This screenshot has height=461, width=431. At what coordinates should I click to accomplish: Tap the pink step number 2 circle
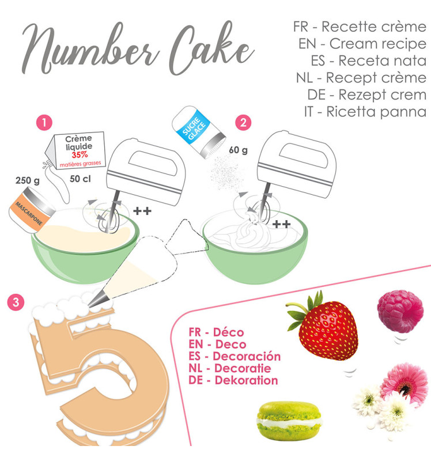click(244, 122)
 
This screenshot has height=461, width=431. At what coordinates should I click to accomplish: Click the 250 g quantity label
click(27, 181)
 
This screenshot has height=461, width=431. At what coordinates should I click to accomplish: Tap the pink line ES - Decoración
click(234, 356)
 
